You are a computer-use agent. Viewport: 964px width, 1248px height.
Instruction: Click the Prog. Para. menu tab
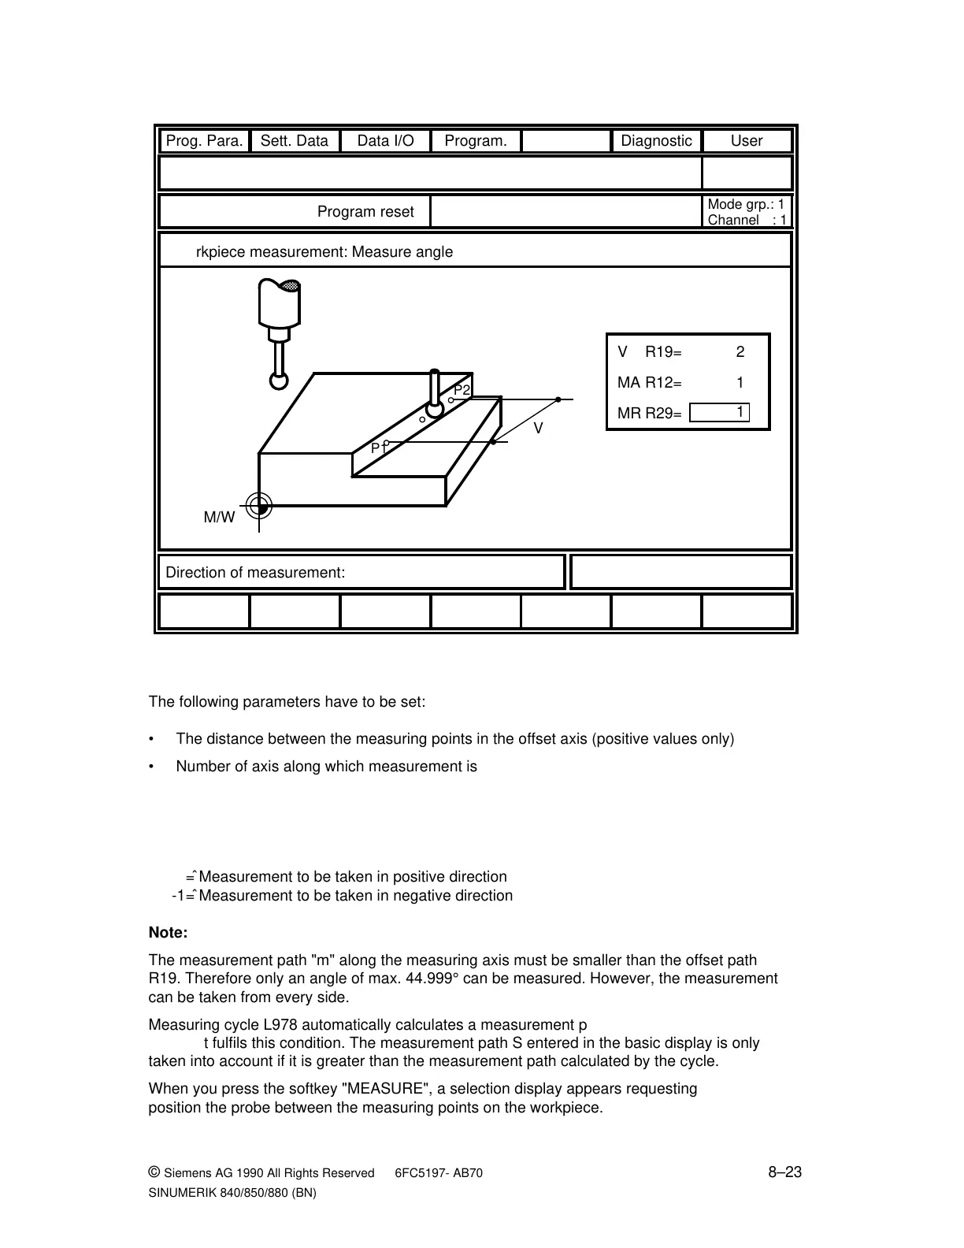(x=205, y=141)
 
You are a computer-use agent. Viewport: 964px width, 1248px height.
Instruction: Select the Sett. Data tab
(x=295, y=141)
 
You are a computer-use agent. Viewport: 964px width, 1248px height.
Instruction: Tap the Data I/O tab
(x=385, y=141)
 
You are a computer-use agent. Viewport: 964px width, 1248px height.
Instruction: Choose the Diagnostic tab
(x=656, y=141)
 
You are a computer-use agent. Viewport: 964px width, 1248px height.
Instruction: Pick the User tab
(x=746, y=141)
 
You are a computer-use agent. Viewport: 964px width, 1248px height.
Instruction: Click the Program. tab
(x=476, y=141)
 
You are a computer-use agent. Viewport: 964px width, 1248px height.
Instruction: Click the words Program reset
(x=365, y=212)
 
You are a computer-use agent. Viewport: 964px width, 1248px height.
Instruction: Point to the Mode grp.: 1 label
(x=746, y=205)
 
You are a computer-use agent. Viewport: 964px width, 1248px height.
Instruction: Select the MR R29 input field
(x=718, y=413)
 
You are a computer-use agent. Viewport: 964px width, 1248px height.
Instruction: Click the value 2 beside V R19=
(x=740, y=352)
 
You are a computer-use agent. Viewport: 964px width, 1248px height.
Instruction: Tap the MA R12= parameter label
(x=649, y=383)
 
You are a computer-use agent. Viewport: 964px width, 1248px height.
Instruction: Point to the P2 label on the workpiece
(x=462, y=391)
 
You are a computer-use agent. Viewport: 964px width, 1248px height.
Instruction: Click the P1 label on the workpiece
(x=378, y=448)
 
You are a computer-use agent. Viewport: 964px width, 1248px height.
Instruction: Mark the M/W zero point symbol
(x=258, y=507)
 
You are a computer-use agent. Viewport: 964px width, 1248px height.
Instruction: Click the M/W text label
(x=219, y=518)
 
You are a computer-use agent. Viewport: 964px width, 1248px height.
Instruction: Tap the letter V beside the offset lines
(x=539, y=429)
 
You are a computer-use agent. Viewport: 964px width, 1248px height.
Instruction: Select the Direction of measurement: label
(x=255, y=573)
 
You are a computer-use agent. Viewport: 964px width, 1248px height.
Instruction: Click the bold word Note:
(x=168, y=933)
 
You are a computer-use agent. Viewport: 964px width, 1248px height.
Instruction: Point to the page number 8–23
(x=784, y=1172)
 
